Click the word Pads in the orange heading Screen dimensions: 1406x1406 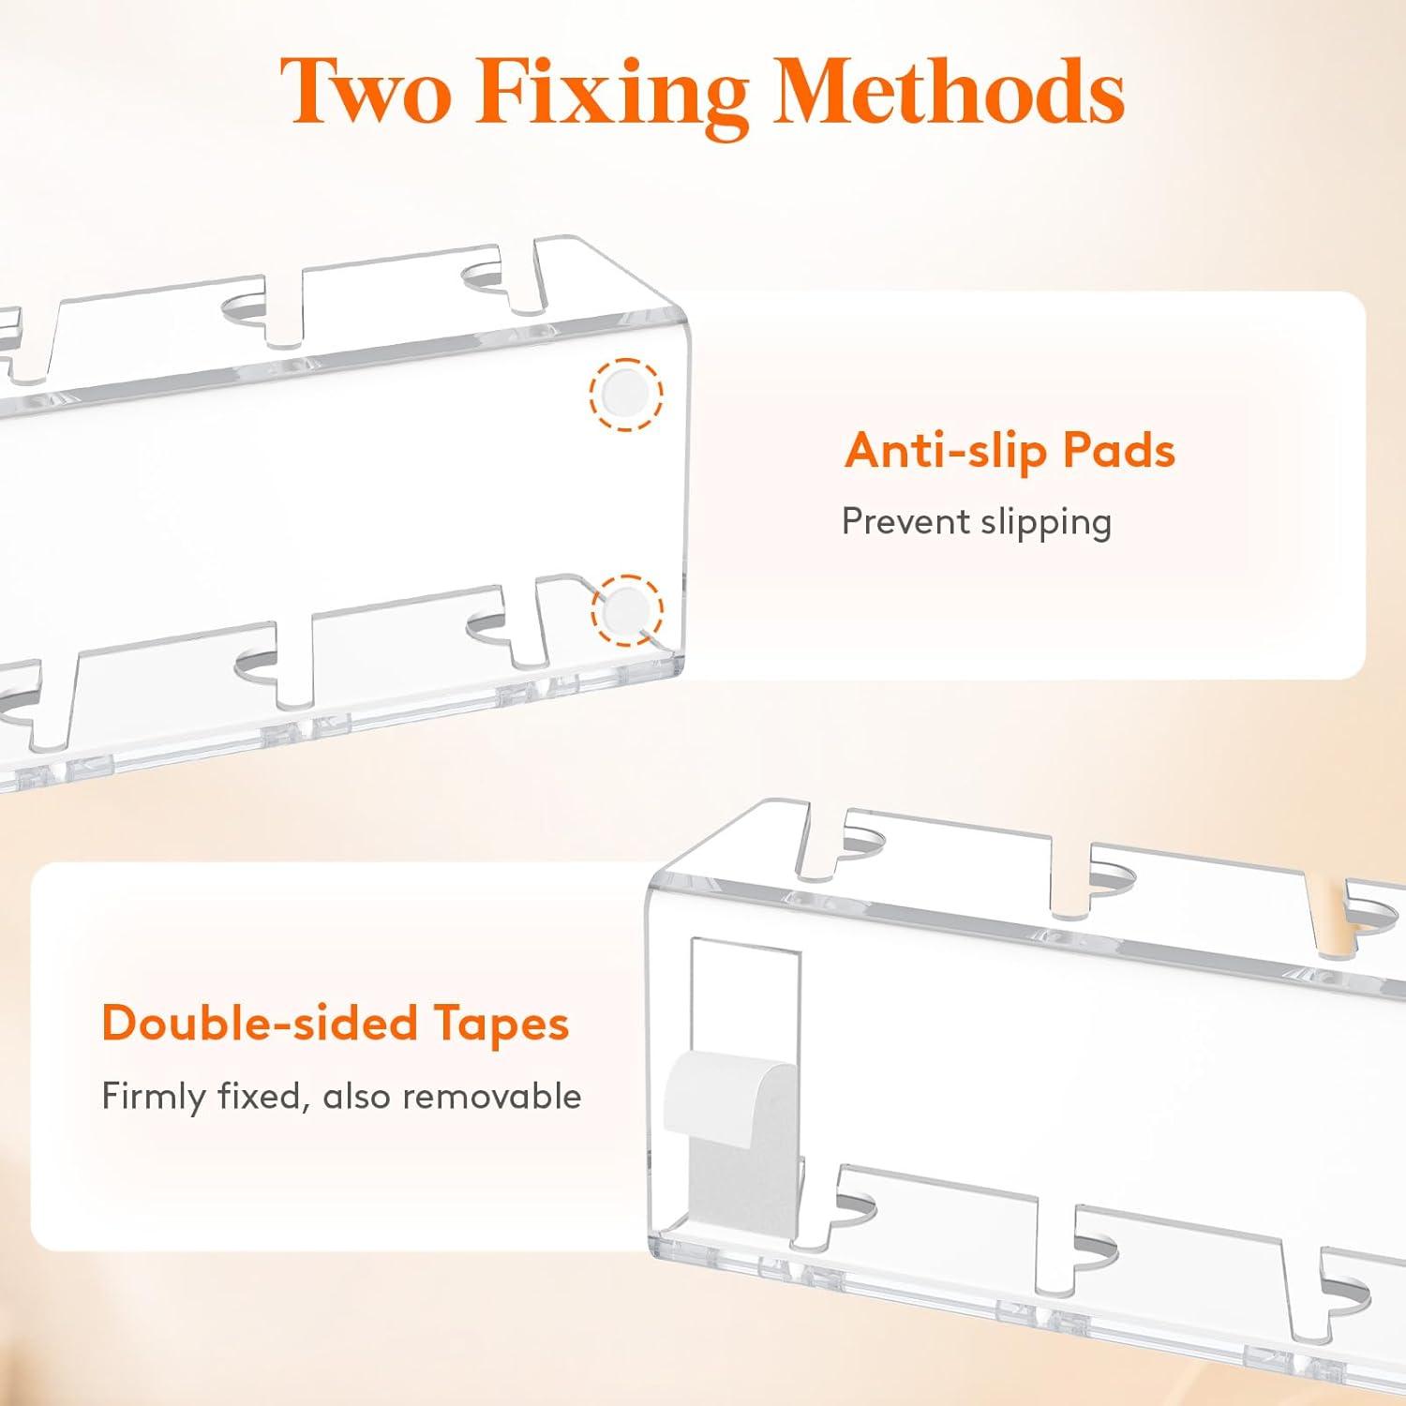[1118, 450]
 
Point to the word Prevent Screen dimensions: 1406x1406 [905, 521]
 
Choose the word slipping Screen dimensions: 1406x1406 [1045, 523]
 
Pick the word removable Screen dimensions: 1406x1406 [497, 1096]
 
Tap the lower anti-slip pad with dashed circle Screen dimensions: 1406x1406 [627, 610]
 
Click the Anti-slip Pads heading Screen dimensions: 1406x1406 [1010, 450]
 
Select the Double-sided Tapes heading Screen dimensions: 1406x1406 [336, 1024]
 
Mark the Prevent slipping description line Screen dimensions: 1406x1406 [977, 523]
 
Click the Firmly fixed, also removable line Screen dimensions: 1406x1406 [342, 1097]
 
